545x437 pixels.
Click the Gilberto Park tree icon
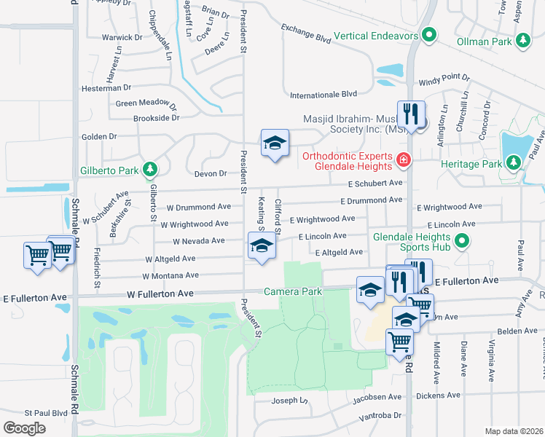pyautogui.click(x=150, y=170)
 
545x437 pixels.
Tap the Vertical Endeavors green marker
pyautogui.click(x=430, y=34)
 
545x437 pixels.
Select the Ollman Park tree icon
pyautogui.click(x=522, y=42)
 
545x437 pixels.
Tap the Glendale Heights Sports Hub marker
pyautogui.click(x=461, y=240)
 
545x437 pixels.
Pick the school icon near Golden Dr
pyautogui.click(x=275, y=143)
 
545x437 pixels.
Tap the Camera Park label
pyautogui.click(x=293, y=291)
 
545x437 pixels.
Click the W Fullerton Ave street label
pyautogui.click(x=160, y=294)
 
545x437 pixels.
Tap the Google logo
pyautogui.click(x=24, y=428)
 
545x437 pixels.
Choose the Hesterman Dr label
pyautogui.click(x=106, y=87)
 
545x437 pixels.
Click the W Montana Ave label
pyautogui.click(x=170, y=276)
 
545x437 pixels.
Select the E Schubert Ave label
pyautogui.click(x=375, y=184)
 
